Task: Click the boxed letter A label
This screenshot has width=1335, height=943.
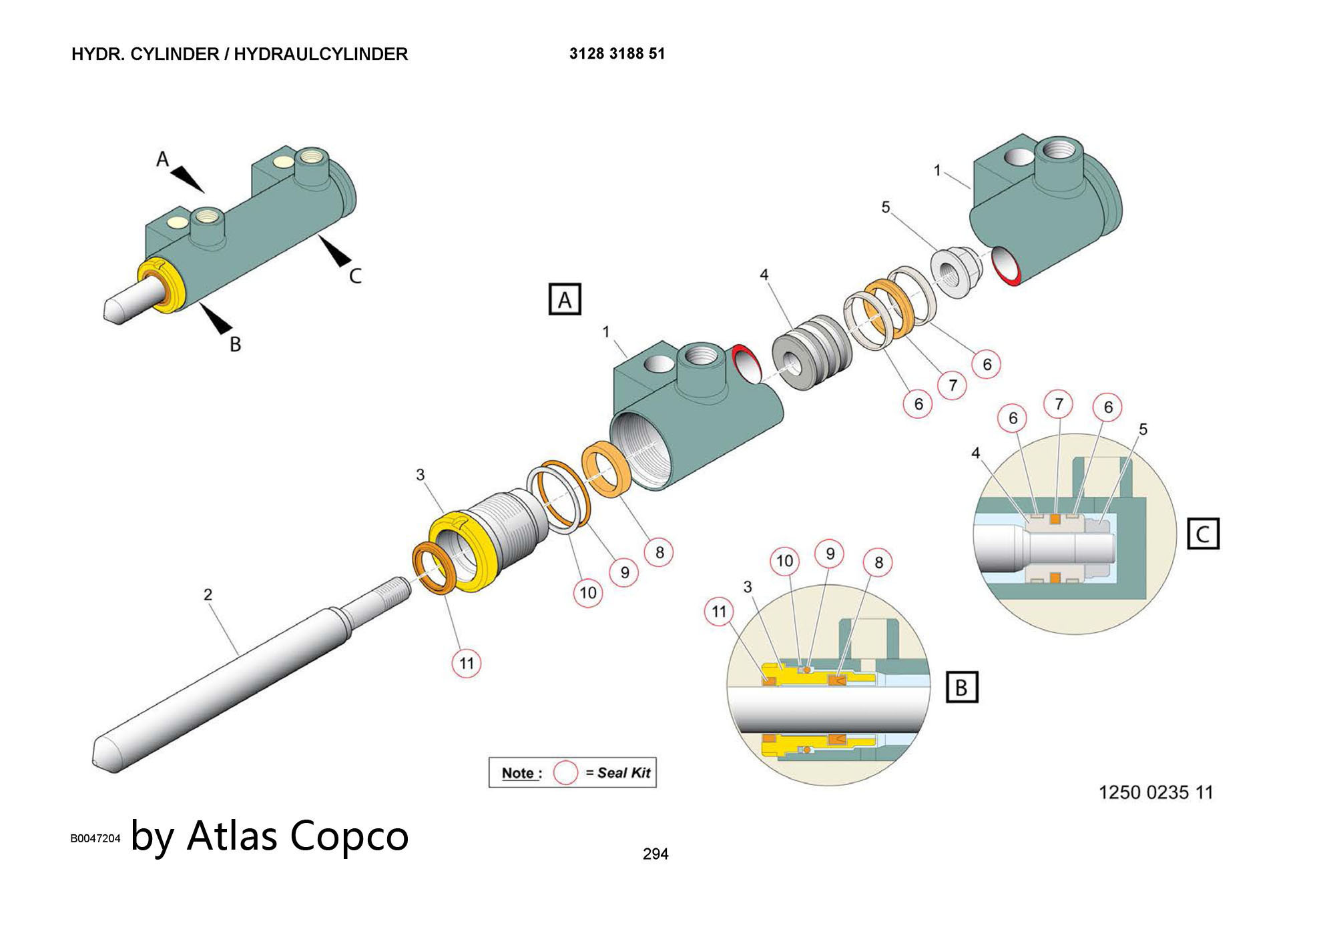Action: pyautogui.click(x=565, y=299)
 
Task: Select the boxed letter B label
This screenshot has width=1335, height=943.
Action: pyautogui.click(x=962, y=687)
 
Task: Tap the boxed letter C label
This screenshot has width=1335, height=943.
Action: pyautogui.click(x=1203, y=534)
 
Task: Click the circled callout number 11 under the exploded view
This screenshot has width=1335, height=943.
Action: pyautogui.click(x=466, y=663)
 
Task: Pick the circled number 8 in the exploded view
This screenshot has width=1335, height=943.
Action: pyautogui.click(x=659, y=552)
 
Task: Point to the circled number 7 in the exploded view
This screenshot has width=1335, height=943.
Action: pyautogui.click(x=953, y=385)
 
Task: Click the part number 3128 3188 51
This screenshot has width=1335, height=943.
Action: pyautogui.click(x=617, y=54)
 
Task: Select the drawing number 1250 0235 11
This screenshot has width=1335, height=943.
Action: pyautogui.click(x=1155, y=792)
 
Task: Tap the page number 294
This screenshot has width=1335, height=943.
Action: pyautogui.click(x=655, y=854)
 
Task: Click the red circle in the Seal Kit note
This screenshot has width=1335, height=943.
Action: pyautogui.click(x=565, y=773)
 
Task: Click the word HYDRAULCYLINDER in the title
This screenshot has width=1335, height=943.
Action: pyautogui.click(x=320, y=54)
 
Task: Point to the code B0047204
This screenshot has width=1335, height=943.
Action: pyautogui.click(x=95, y=838)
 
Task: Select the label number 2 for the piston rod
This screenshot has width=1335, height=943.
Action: pyautogui.click(x=208, y=594)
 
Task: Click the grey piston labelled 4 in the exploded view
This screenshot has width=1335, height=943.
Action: pyautogui.click(x=812, y=353)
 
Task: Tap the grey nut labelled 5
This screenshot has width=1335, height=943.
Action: pyautogui.click(x=955, y=272)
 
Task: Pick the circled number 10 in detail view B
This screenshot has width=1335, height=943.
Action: pyautogui.click(x=784, y=561)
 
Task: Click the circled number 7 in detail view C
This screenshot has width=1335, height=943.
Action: pyautogui.click(x=1059, y=403)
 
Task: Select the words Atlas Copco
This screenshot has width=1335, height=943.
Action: pyautogui.click(x=298, y=835)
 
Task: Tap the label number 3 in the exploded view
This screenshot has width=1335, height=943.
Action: pyautogui.click(x=420, y=474)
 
